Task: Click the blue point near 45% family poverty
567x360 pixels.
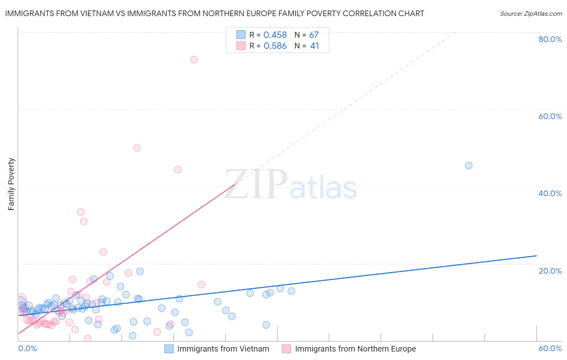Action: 469,165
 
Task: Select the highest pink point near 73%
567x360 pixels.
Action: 194,59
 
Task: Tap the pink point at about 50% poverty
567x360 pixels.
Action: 137,148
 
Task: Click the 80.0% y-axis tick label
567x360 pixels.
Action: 550,39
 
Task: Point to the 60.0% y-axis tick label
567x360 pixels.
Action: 550,116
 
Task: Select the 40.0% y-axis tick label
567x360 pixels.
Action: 550,193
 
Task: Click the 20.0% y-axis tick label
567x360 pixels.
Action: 550,271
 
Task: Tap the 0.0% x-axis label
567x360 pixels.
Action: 27,348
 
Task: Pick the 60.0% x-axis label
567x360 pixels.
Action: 550,348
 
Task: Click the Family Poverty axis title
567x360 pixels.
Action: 11,184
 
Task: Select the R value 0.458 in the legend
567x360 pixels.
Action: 275,35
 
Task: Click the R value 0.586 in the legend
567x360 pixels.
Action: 275,46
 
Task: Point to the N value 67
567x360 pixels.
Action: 314,35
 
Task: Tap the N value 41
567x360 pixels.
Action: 315,46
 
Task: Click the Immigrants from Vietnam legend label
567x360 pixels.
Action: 223,349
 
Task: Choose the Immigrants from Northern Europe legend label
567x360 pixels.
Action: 355,349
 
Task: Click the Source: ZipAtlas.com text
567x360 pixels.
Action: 531,14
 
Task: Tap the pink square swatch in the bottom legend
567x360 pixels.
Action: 286,349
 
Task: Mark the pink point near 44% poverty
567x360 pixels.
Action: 178,170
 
